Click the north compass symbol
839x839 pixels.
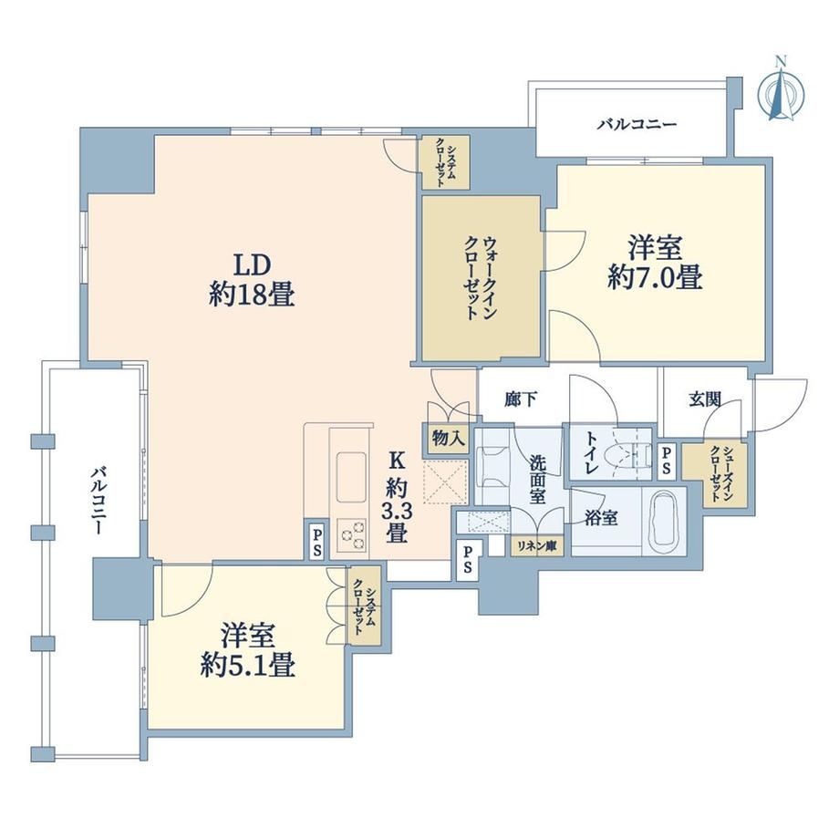(782, 92)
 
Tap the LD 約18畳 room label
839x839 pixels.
(252, 279)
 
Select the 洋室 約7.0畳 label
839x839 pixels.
(655, 263)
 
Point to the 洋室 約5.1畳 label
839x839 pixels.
(248, 650)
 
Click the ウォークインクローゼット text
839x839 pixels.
(481, 278)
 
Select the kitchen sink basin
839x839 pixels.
(351, 477)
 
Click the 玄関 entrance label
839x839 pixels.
(705, 399)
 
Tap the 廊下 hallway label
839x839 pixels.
(521, 399)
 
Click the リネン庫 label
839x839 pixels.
(536, 546)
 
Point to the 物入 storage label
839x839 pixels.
(448, 439)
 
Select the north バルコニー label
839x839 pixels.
(637, 125)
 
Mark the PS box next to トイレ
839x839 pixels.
(666, 461)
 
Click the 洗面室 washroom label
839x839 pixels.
(538, 480)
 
